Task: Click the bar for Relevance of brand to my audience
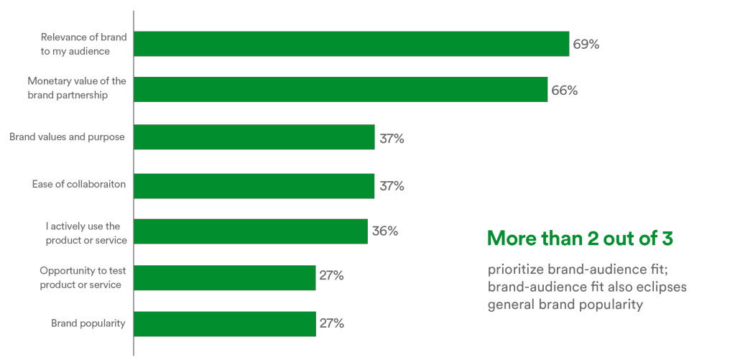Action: tap(351, 44)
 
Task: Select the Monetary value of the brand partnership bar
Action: tap(341, 90)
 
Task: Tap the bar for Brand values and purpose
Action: tap(254, 137)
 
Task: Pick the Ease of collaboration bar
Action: tap(254, 185)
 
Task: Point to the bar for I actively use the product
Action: tap(251, 231)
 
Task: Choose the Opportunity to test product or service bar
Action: tap(225, 277)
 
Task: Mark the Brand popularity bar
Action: tap(225, 323)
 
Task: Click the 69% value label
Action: tap(586, 45)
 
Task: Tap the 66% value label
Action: tap(565, 91)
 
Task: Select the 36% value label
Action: tap(385, 231)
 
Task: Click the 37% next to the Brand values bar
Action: tap(392, 139)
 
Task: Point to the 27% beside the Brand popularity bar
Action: tap(332, 323)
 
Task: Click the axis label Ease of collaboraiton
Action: tap(79, 185)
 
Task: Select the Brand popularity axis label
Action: tap(88, 323)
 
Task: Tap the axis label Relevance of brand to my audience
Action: tap(75, 45)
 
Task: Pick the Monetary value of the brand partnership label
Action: tap(77, 88)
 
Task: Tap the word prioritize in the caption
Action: tap(515, 270)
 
